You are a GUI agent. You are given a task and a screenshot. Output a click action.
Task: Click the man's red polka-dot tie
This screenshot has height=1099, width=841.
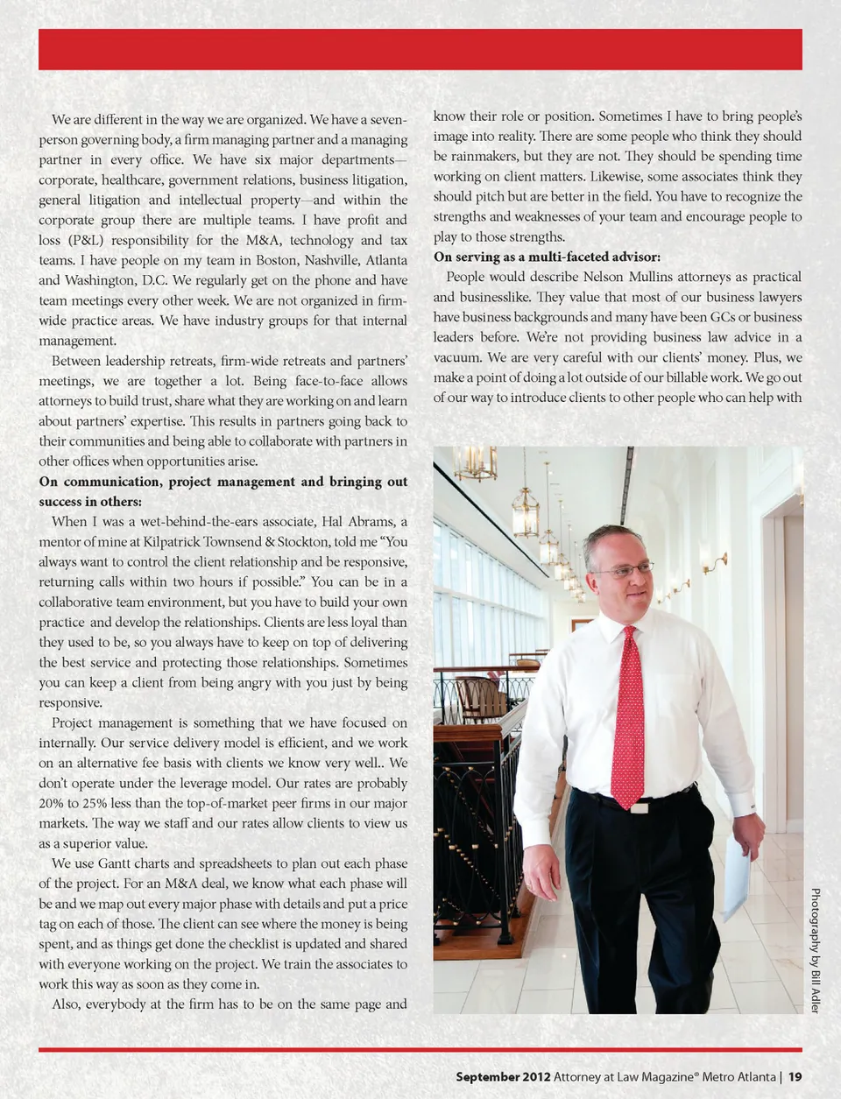pyautogui.click(x=628, y=718)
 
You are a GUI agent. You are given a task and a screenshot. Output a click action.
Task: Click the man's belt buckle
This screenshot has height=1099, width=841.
pyautogui.click(x=640, y=807)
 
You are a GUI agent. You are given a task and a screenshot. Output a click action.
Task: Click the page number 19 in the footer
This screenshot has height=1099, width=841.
pyautogui.click(x=795, y=1077)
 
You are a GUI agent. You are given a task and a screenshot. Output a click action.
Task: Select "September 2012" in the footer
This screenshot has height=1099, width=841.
pyautogui.click(x=503, y=1077)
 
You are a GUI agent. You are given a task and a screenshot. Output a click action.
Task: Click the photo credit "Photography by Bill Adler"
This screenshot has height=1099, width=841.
pyautogui.click(x=815, y=950)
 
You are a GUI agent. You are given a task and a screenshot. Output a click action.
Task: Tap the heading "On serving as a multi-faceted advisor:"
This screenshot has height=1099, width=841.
pyautogui.click(x=547, y=257)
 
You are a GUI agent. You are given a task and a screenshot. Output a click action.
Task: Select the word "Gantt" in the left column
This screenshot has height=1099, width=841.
pyautogui.click(x=115, y=863)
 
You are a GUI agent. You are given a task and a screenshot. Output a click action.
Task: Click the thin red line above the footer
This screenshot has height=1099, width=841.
pyautogui.click(x=420, y=1049)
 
